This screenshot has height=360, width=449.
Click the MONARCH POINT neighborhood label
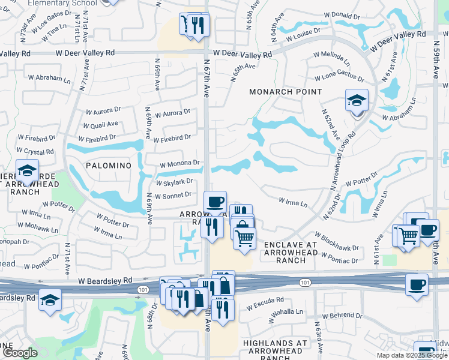pos(286,92)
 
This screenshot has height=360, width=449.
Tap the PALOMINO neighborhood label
pos(108,165)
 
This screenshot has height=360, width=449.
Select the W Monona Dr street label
pos(179,163)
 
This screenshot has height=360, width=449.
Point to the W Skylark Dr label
pos(174,182)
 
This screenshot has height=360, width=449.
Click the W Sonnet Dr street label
pos(173,195)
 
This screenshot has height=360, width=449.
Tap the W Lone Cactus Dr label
pos(340,78)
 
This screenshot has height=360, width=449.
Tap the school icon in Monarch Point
pos(357,101)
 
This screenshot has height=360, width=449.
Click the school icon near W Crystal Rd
pos(27,172)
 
